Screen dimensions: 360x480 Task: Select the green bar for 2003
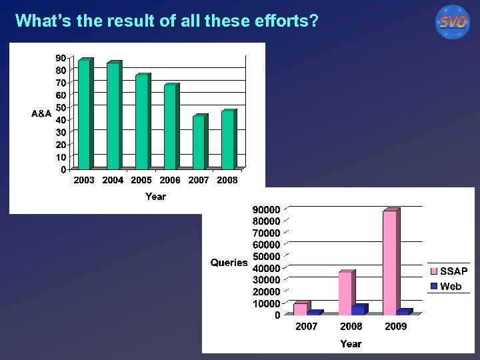point(84,115)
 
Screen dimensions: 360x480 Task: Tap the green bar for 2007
point(199,143)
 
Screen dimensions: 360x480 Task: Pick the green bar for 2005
point(141,122)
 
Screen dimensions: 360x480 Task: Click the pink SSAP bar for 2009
point(390,263)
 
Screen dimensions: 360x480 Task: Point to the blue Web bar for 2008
point(358,310)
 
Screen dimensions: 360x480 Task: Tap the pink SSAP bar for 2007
point(301,309)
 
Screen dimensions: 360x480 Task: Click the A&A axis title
point(41,114)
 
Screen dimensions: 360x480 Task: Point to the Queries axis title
point(229,263)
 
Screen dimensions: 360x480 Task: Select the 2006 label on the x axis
point(170,180)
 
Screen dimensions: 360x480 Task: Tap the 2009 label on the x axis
point(395,327)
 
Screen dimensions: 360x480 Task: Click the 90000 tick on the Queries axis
point(266,209)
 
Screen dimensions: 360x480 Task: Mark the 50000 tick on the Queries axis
point(266,257)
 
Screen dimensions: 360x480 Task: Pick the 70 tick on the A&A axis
point(61,83)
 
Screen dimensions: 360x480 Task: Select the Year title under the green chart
point(155,197)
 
